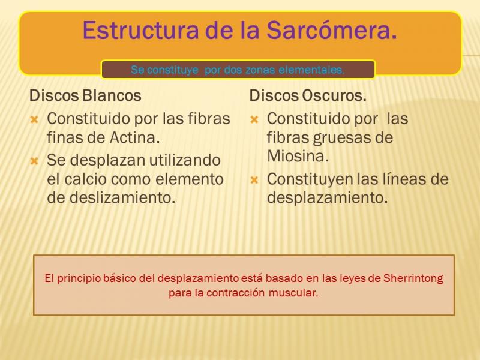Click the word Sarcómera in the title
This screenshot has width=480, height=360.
(332, 31)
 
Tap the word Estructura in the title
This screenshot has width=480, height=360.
(141, 31)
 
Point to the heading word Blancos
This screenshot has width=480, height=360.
(112, 95)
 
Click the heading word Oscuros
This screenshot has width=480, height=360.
(334, 95)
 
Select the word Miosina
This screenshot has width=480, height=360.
(298, 156)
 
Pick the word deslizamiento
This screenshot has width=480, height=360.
(122, 197)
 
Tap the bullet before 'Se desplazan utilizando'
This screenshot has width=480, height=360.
(34, 161)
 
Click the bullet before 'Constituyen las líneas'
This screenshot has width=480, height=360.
(254, 180)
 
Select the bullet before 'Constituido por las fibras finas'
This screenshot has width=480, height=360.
(34, 119)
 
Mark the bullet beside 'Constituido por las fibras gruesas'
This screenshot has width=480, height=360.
(254, 119)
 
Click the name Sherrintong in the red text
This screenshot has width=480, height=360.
(413, 278)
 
